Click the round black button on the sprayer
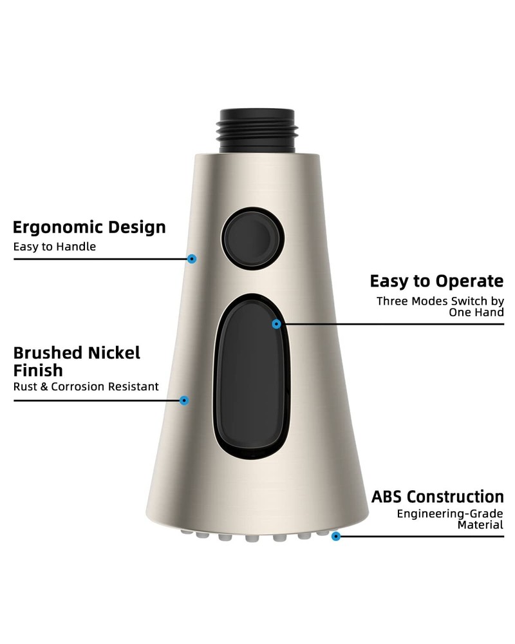[x=252, y=238]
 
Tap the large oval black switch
[x=252, y=376]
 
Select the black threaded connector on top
[x=257, y=131]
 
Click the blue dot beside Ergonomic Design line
[x=192, y=259]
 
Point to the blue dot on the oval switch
[x=277, y=324]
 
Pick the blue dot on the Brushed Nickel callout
[x=184, y=401]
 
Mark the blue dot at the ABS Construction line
[x=336, y=536]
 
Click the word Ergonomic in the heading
[x=51, y=228]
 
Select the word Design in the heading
[x=131, y=227]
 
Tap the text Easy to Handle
[x=55, y=247]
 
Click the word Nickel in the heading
[x=114, y=353]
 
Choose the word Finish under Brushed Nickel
[x=38, y=370]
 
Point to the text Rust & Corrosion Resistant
[x=86, y=387]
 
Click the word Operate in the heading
[x=469, y=282]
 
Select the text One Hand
[x=476, y=312]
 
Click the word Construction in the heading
[x=455, y=497]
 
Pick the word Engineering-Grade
[x=450, y=514]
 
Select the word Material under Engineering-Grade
[x=480, y=526]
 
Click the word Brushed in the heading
[x=48, y=353]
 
